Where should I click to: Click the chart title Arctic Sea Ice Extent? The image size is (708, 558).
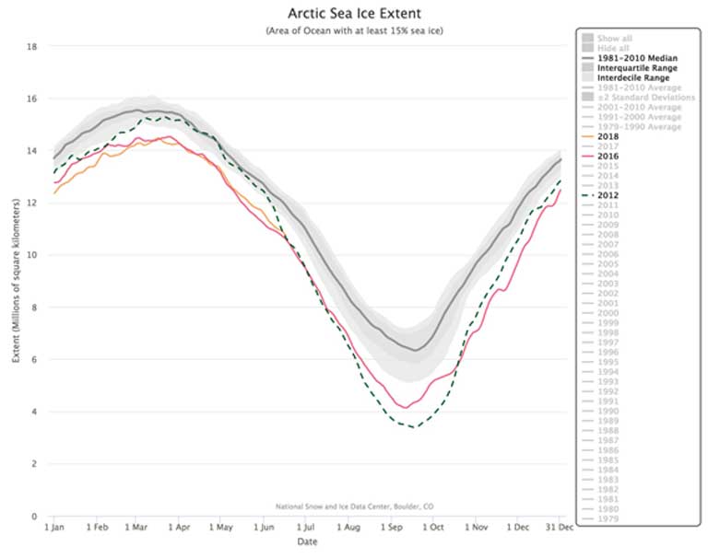pyautogui.click(x=354, y=14)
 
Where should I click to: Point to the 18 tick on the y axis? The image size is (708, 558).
pyautogui.click(x=32, y=46)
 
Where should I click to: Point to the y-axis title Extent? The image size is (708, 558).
pyautogui.click(x=16, y=282)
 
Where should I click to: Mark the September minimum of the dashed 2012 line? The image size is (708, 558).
pyautogui.click(x=415, y=426)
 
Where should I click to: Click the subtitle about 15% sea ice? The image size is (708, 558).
pyautogui.click(x=354, y=30)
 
